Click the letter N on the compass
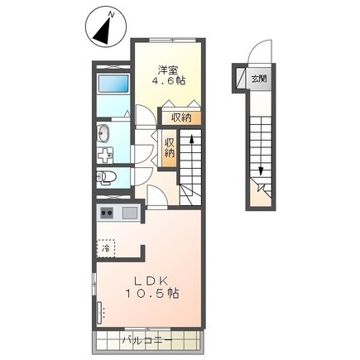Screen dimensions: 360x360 tap(112, 14)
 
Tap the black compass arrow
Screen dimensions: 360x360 tap(103, 31)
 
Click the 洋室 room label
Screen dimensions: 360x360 tap(168, 70)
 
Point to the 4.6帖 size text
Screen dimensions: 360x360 tap(168, 80)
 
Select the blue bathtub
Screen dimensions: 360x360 tap(113, 84)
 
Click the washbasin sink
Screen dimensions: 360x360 tap(103, 133)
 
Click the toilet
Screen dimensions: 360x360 tap(106, 176)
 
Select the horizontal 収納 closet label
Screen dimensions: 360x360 tap(181, 118)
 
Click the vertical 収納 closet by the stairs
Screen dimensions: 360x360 tap(170, 148)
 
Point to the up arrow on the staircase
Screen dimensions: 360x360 tap(191, 142)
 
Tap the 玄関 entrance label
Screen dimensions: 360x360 tap(259, 79)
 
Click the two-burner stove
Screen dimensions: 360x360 tap(107, 213)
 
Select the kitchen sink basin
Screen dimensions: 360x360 tap(130, 213)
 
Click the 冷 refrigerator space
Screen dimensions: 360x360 tap(106, 248)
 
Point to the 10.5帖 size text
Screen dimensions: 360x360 tap(152, 293)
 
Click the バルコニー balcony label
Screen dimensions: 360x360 tap(147, 339)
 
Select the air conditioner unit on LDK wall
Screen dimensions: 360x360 tap(99, 313)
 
